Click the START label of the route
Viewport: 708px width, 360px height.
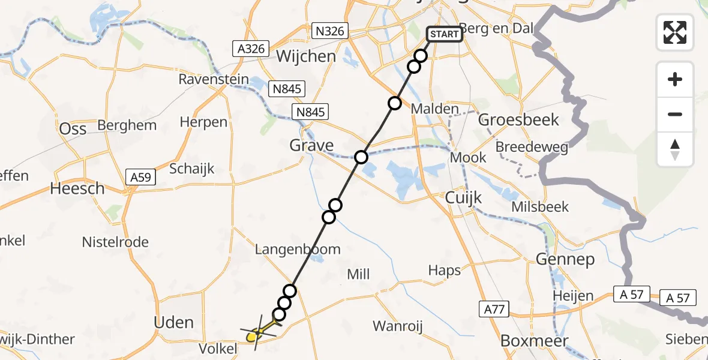tap(444, 34)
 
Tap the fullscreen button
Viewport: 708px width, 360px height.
tap(675, 32)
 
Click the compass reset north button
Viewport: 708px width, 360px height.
tap(675, 149)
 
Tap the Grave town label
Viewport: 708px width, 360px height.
tap(311, 145)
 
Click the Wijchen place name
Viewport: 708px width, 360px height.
tap(306, 56)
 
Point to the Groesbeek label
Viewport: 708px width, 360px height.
tap(519, 119)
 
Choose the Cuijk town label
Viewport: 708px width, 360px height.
tap(464, 197)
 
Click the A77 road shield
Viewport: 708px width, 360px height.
tap(494, 310)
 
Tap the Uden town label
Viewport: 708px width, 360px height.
tap(174, 322)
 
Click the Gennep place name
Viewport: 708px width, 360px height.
tap(566, 259)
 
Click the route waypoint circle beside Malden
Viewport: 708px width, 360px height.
tap(394, 103)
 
